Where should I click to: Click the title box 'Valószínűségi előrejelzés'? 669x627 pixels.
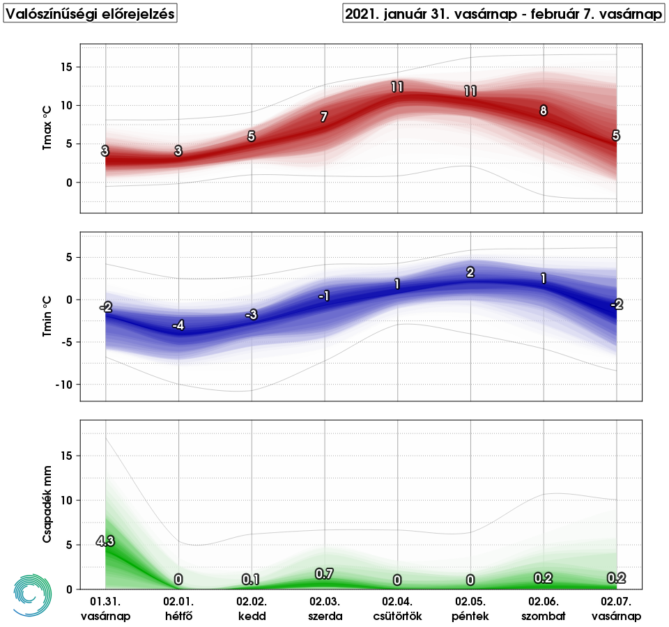[x=91, y=14]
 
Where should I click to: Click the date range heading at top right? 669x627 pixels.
[x=503, y=14]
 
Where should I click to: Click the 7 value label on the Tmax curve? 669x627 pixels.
[x=324, y=117]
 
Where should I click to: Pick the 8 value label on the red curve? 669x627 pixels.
[x=544, y=110]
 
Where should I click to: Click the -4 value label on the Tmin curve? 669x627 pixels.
[x=178, y=325]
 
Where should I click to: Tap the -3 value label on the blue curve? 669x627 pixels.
[x=252, y=315]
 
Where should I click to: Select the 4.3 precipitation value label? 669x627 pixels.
[x=105, y=541]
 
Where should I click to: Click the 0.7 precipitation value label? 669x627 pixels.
[x=324, y=574]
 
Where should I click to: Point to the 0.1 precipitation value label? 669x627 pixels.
[x=251, y=580]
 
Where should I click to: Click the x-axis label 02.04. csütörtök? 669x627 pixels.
[x=397, y=608]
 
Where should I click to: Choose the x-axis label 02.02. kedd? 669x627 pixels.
[x=252, y=608]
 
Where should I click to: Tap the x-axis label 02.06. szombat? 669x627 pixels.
[x=544, y=608]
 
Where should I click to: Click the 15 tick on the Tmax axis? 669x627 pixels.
[x=68, y=67]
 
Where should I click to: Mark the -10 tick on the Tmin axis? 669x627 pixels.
[x=65, y=385]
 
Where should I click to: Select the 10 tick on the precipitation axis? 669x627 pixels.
[x=68, y=500]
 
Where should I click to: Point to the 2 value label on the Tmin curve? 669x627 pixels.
[x=470, y=272]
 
